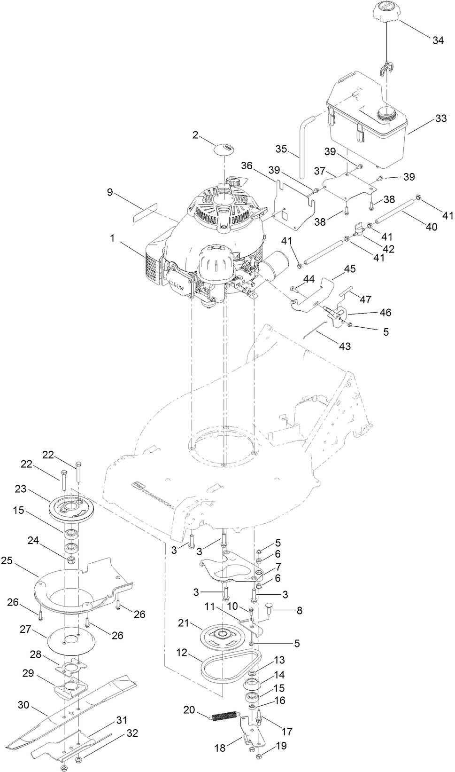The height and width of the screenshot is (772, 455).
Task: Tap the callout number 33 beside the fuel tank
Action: coord(440,118)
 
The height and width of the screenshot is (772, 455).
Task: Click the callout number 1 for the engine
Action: coord(112,238)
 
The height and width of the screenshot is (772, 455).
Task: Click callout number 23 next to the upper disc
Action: coord(20,488)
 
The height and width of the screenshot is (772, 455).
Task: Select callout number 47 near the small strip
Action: coord(365,299)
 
